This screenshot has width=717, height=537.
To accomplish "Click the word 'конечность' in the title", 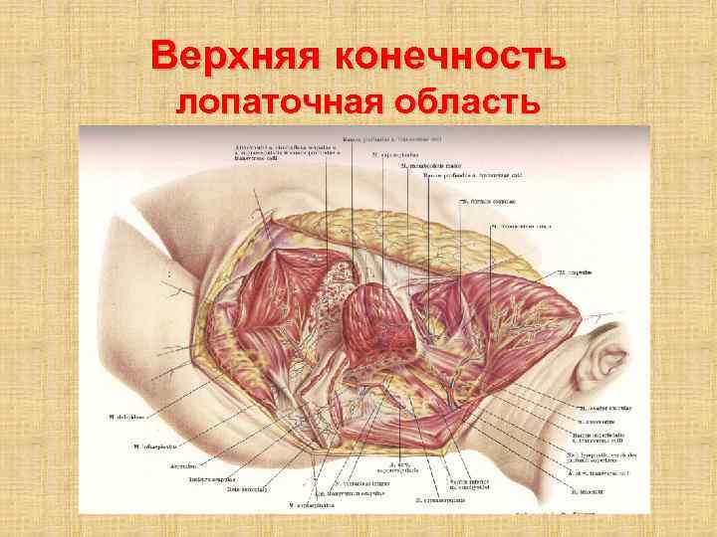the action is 449,58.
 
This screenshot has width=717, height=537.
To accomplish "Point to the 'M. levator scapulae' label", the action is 600,410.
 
